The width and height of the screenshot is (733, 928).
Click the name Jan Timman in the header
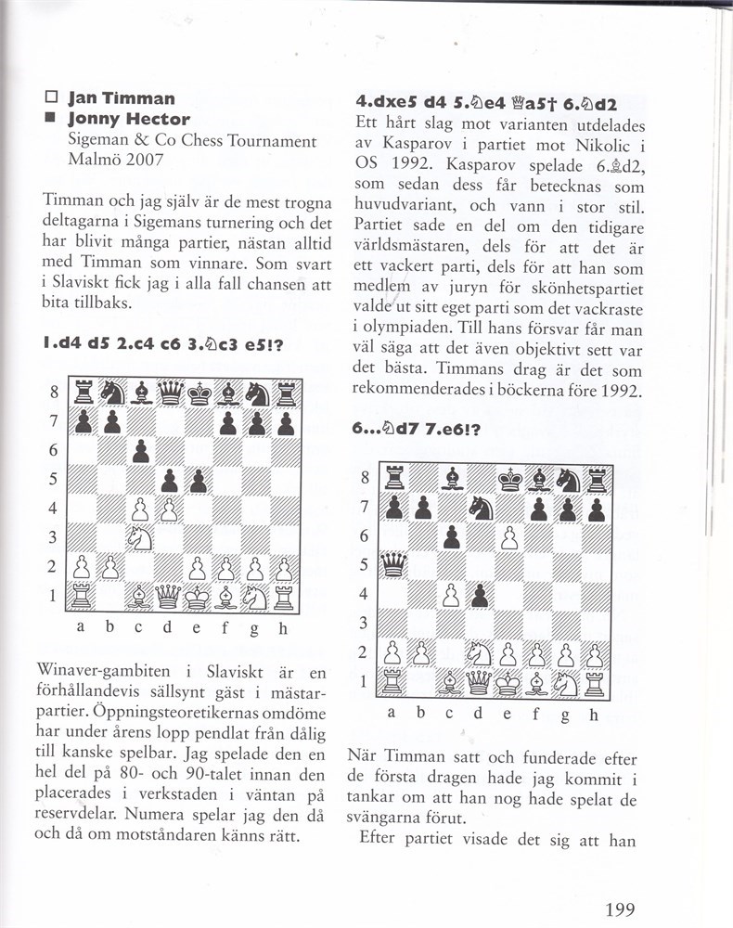click(x=122, y=98)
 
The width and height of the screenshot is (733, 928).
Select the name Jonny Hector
click(x=129, y=119)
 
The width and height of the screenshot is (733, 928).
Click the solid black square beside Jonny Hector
click(x=51, y=119)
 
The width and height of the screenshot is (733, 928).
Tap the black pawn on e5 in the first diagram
click(x=198, y=482)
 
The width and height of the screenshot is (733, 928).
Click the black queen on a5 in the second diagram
click(x=394, y=564)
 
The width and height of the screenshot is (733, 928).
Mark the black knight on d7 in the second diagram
click(x=480, y=508)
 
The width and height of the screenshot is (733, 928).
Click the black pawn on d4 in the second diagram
click(x=480, y=594)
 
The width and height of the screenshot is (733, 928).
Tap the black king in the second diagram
click(x=508, y=479)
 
